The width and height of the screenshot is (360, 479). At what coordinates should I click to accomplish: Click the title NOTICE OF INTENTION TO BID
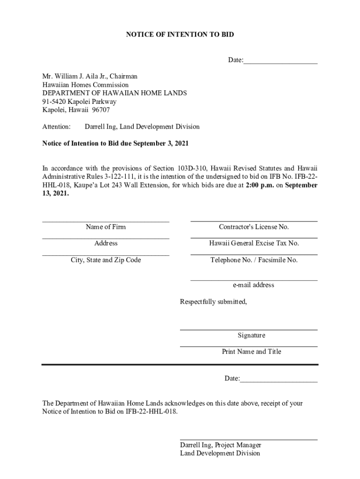[180, 35]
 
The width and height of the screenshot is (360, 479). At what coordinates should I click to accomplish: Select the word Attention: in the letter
[57, 127]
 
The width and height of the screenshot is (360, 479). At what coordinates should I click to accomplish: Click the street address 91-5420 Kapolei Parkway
[79, 102]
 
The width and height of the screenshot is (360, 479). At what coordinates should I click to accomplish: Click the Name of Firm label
[106, 227]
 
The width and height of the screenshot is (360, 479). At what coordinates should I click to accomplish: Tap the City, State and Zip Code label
[106, 260]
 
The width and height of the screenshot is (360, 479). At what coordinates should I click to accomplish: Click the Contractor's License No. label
[254, 227]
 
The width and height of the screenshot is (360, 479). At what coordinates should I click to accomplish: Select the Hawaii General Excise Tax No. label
[254, 243]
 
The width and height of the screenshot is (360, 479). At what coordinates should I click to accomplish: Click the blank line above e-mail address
[254, 280]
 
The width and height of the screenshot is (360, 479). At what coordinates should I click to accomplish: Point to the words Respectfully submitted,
[214, 302]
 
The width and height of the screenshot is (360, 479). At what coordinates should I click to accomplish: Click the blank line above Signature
[249, 329]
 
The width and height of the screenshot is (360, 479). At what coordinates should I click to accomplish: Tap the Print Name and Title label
[252, 352]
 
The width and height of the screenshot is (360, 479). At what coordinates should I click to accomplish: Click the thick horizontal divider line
[180, 364]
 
